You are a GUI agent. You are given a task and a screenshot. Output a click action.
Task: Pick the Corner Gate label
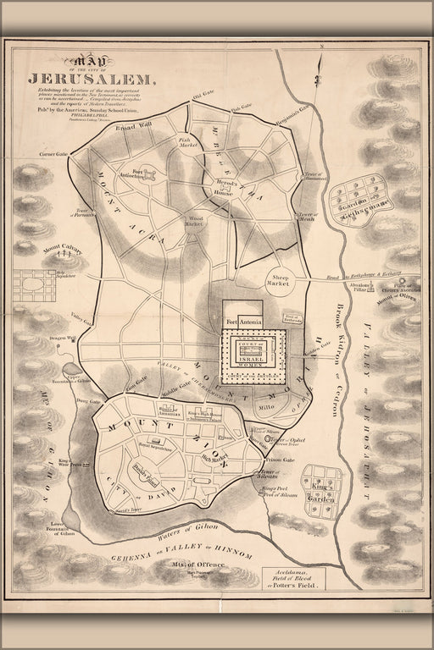(x=51, y=155)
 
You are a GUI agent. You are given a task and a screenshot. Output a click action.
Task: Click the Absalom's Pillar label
(x=365, y=286)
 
